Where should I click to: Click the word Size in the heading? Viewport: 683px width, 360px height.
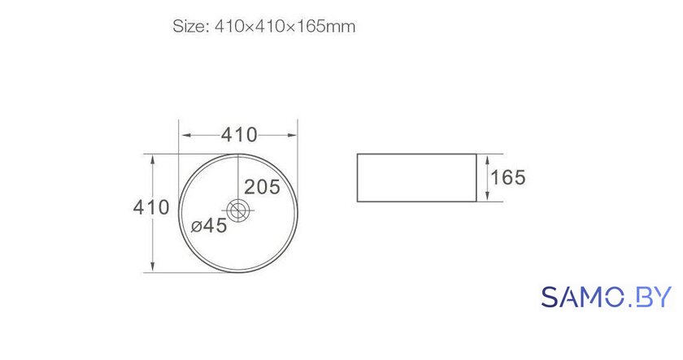(189, 27)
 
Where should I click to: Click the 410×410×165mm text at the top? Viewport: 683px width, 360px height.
(285, 27)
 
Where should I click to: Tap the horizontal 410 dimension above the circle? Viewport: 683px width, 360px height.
(239, 135)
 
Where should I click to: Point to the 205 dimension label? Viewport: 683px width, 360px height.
(262, 187)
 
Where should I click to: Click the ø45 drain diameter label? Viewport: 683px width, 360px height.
(209, 225)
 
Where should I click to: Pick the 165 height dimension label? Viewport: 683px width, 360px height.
(508, 178)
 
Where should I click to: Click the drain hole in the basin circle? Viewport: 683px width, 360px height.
(238, 211)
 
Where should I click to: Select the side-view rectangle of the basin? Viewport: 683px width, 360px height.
(417, 178)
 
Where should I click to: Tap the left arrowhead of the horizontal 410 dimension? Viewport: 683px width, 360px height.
(186, 135)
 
